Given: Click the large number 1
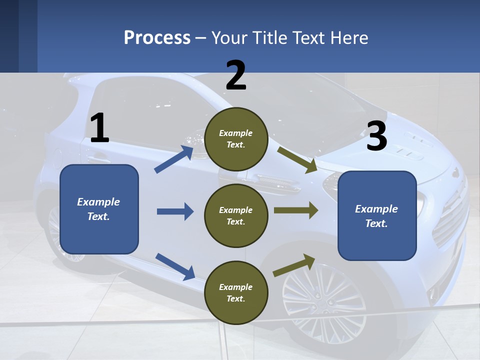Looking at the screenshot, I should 100,128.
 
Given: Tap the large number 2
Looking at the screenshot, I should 236,75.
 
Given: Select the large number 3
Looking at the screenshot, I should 377,136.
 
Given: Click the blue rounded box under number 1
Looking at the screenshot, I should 99,209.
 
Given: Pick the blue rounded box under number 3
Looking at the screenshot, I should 377,215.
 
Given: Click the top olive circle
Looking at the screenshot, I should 236,139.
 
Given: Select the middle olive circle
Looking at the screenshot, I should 236,215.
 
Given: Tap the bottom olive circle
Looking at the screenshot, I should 236,292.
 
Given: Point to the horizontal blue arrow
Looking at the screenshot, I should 175,211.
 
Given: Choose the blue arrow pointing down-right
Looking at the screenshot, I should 175,266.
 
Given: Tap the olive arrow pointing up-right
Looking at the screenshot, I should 294,265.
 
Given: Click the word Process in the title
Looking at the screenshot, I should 157,37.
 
